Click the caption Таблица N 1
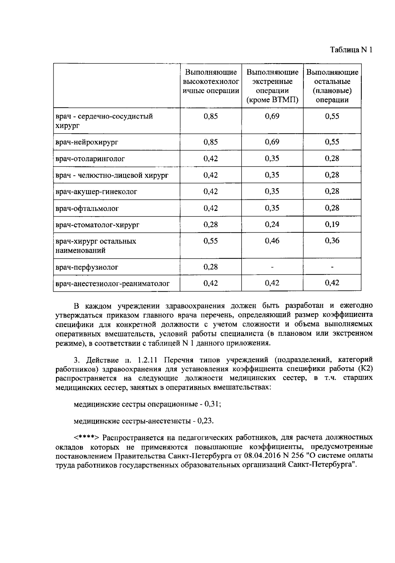[351, 50]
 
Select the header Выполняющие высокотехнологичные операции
[211, 82]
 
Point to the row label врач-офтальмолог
[87, 208]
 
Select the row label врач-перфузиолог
[87, 267]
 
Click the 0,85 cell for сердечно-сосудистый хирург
[211, 116]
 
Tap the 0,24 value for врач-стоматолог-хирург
[272, 224]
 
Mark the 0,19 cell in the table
[332, 224]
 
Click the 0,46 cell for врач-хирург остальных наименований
[272, 241]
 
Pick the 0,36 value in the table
[332, 241]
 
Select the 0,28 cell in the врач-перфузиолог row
[211, 267]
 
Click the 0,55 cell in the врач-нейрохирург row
[332, 142]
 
